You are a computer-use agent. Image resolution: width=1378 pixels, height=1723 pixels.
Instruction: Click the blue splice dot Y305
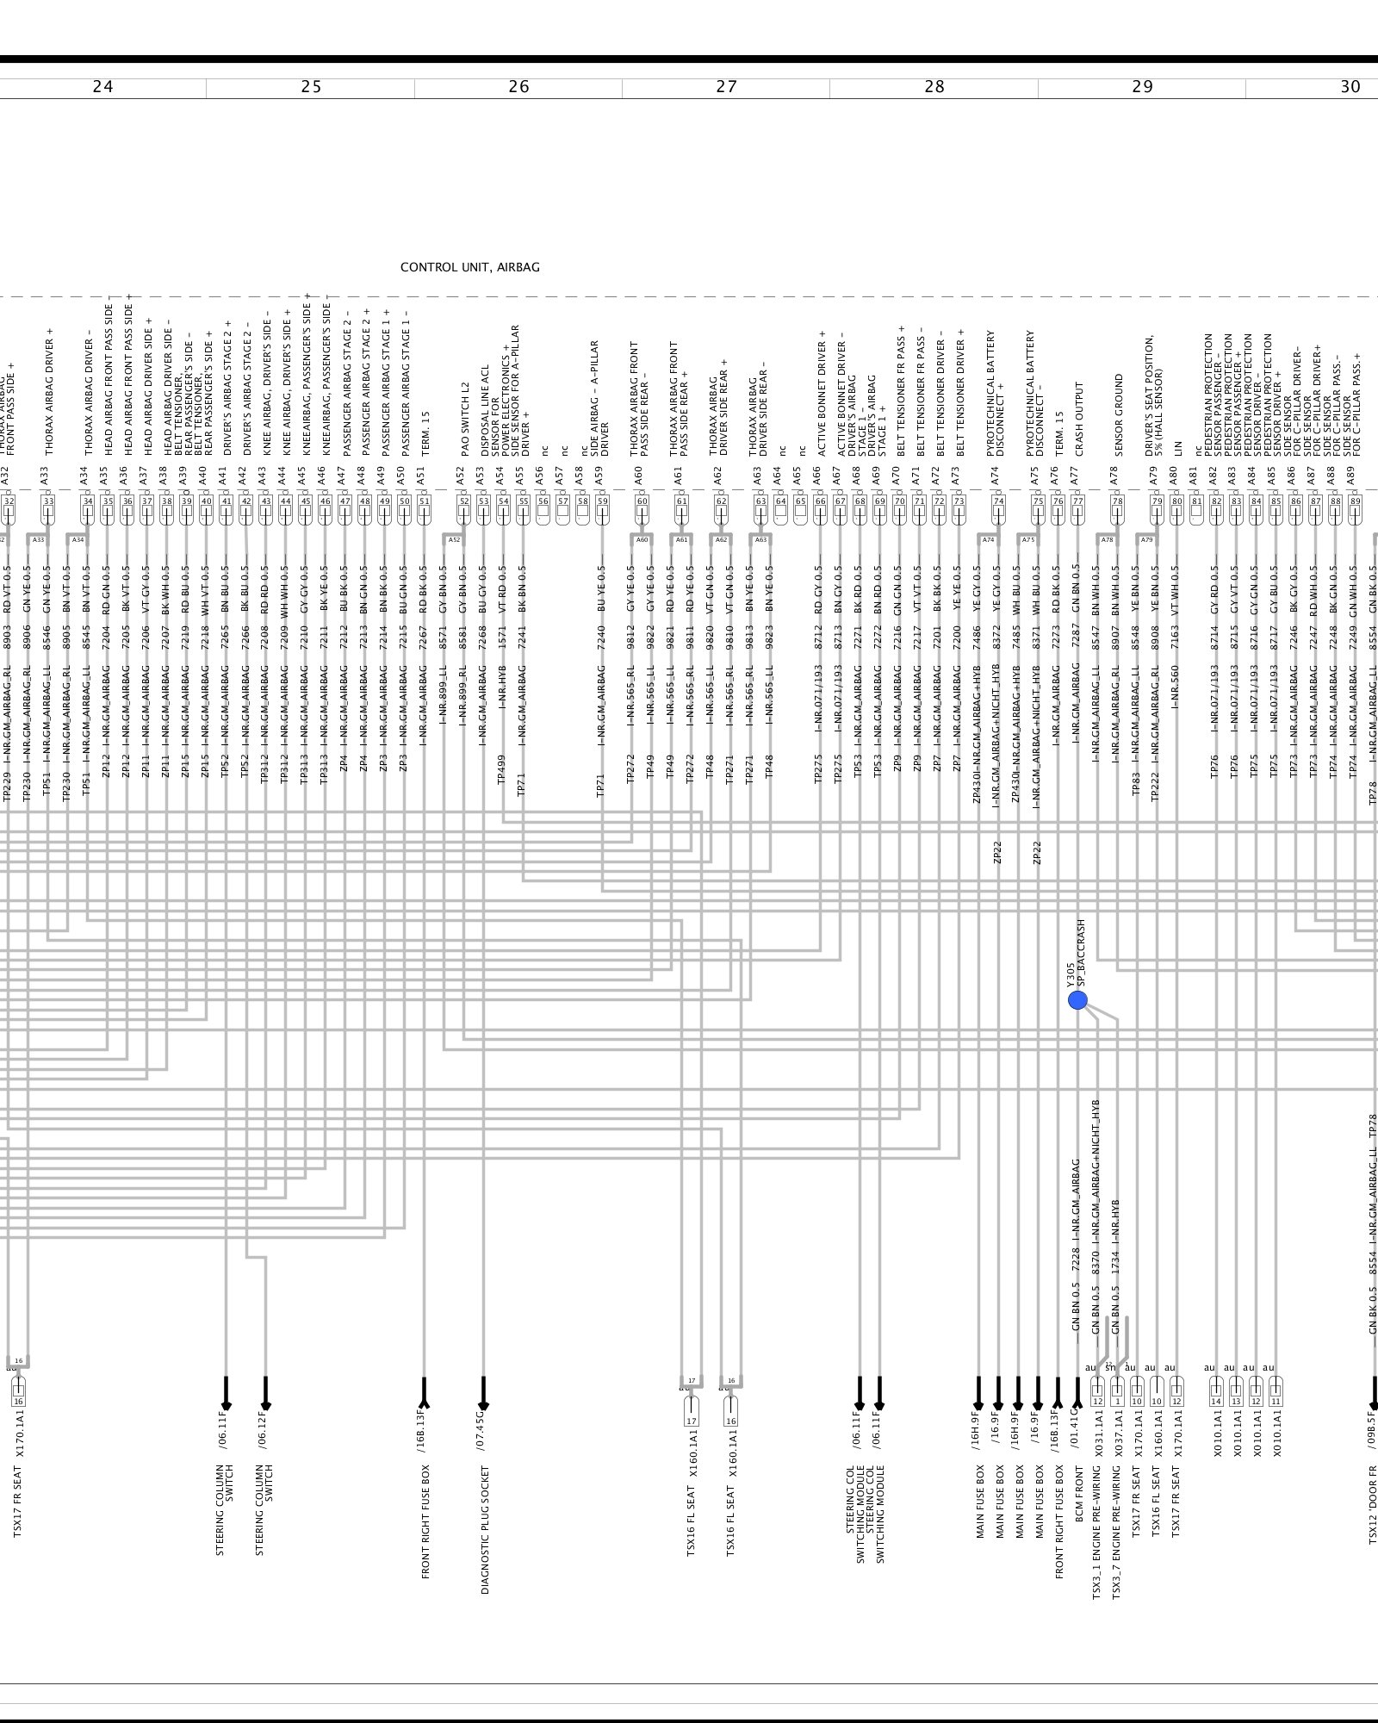pyautogui.click(x=1077, y=1000)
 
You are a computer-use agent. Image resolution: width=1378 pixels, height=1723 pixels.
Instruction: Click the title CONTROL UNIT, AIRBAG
pyautogui.click(x=469, y=267)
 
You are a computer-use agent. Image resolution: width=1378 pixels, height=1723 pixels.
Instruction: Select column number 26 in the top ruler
pyautogui.click(x=518, y=86)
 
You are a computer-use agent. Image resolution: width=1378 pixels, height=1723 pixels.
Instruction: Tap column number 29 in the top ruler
pyautogui.click(x=1142, y=86)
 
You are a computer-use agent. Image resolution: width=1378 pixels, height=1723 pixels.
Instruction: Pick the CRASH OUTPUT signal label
pyautogui.click(x=1078, y=420)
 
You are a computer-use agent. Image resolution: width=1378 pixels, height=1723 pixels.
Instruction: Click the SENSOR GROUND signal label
pyautogui.click(x=1118, y=414)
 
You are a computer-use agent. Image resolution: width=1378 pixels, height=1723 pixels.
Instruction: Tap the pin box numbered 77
pyautogui.click(x=1077, y=501)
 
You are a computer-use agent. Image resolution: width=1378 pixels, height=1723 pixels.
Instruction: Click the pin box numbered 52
pyautogui.click(x=464, y=501)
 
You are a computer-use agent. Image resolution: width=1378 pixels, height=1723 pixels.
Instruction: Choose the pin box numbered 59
pyautogui.click(x=602, y=501)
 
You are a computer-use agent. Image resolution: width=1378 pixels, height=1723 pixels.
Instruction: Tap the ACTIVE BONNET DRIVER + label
pyautogui.click(x=822, y=394)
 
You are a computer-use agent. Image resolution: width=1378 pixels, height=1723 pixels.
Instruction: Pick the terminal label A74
pyautogui.click(x=995, y=475)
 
